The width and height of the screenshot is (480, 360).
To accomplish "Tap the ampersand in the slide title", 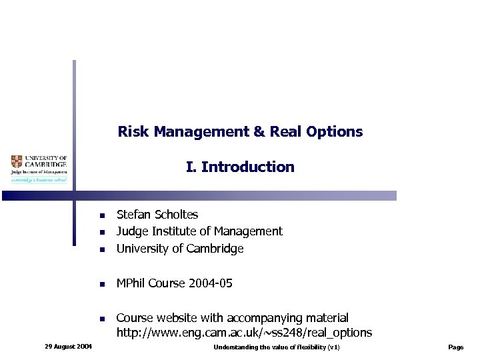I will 259,132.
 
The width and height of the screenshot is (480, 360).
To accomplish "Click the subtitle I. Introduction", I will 240,167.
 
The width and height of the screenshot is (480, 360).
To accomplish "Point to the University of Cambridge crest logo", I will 17,161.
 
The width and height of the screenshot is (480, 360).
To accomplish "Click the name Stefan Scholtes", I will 157,215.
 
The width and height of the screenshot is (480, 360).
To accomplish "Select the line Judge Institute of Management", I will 199,231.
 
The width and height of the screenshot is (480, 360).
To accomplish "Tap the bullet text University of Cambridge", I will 180,249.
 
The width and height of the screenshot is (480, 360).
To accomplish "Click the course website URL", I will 244,333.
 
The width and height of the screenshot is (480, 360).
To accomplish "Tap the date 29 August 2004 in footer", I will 68,347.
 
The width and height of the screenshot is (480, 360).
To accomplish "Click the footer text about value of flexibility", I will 277,347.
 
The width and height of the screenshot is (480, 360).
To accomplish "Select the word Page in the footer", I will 456,347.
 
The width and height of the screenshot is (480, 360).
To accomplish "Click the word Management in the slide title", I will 201,132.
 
